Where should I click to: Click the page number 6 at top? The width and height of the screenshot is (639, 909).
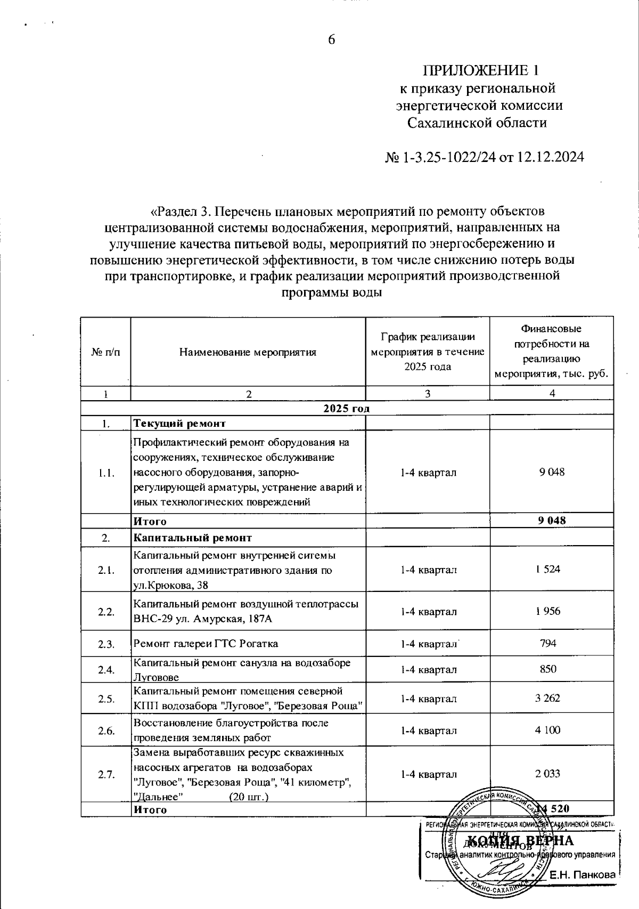(x=331, y=40)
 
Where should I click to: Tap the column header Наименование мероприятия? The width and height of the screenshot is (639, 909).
(x=248, y=352)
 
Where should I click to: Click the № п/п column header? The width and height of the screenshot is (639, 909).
(x=106, y=352)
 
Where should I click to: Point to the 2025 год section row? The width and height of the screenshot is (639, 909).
(x=346, y=409)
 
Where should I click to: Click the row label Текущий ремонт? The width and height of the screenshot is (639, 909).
(x=179, y=424)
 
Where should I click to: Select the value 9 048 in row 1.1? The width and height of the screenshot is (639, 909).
(x=552, y=472)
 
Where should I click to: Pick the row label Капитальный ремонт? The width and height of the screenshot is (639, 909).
(x=192, y=538)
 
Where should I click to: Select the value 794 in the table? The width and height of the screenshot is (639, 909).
(x=548, y=643)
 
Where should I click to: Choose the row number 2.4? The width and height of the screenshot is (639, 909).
(x=106, y=670)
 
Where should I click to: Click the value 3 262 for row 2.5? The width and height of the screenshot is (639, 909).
(x=548, y=698)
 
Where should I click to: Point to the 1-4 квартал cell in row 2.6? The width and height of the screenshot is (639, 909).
(x=428, y=731)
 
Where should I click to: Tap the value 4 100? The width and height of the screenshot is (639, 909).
(x=548, y=730)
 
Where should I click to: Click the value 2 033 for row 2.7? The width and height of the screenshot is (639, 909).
(x=548, y=774)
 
